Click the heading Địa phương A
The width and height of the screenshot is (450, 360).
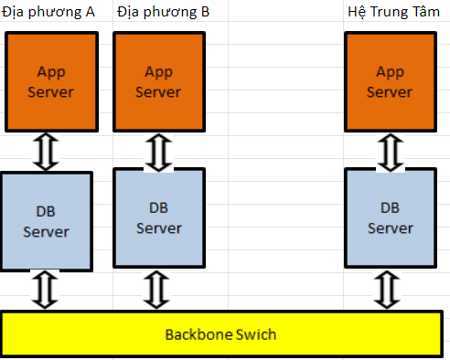coord(48,13)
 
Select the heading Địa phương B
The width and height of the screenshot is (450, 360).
coord(163,13)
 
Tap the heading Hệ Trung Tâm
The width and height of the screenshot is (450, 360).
coord(393,12)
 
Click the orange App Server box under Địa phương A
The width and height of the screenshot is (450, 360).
coord(51,81)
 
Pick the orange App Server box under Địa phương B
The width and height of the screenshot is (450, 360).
coord(159,81)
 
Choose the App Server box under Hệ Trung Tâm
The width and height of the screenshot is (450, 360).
coord(391,81)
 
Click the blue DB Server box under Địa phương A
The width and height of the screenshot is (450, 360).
coord(47,221)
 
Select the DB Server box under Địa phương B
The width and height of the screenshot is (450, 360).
coord(159,218)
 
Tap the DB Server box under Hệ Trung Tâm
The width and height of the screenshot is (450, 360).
coord(391,218)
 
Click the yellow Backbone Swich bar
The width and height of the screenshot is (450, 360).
coord(221,334)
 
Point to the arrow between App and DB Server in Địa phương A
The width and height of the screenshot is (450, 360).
coord(46,152)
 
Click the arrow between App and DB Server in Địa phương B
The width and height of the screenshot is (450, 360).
coord(158,153)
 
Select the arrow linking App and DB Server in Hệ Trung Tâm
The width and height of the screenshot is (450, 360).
coord(391,153)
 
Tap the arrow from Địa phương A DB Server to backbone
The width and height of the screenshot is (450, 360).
coord(45,290)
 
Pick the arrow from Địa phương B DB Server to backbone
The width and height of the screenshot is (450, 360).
coord(156,290)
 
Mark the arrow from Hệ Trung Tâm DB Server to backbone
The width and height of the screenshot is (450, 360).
coord(387,290)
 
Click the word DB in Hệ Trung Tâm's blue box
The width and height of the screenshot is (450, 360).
coord(390,208)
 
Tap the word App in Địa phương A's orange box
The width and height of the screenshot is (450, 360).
coord(51,73)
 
